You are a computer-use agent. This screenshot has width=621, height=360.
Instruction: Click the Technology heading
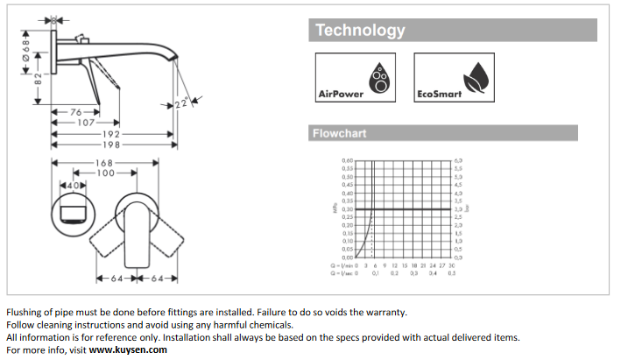point(360,31)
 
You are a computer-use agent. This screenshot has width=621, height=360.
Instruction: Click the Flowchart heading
point(340,134)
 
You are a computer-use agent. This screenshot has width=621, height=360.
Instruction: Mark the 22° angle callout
point(181,103)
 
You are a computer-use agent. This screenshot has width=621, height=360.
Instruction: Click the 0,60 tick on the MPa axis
point(347,161)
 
